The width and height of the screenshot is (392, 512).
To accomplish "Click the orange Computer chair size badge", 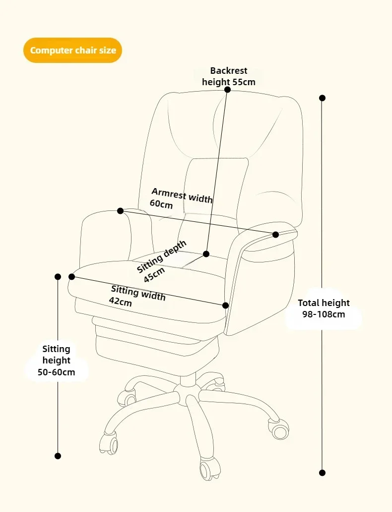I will point(72,51).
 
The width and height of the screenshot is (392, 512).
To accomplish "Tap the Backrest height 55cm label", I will point(228,76).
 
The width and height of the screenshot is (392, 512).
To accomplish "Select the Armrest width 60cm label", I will point(181,198).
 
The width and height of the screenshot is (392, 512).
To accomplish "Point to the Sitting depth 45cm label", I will point(162,261).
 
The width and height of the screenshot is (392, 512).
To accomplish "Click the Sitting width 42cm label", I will point(137,296).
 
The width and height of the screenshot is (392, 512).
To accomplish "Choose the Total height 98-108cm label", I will point(324,308).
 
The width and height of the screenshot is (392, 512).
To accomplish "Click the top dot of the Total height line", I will point(323,98).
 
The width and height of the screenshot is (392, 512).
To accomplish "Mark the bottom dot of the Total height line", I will point(323,473).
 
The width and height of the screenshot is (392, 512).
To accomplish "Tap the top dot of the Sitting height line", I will point(58,277).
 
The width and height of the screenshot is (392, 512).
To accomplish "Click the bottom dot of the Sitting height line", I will point(58,456).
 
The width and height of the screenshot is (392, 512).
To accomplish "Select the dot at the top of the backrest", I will point(227,90).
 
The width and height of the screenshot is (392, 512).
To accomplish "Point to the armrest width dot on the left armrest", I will point(120,211).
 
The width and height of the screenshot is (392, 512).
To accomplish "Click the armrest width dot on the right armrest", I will point(276,234).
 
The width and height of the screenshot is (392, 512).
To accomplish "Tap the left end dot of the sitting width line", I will point(71,276).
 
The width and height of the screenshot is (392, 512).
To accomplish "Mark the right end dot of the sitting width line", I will point(226,306).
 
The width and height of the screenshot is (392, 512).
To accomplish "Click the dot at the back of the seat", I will point(206,254).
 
